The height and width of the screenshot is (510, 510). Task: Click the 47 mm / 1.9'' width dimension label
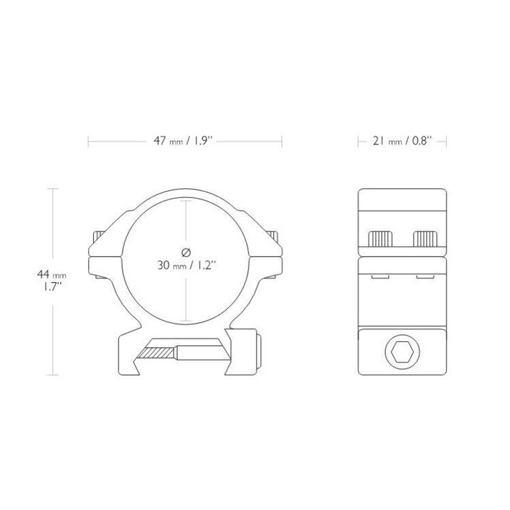tap(185, 141)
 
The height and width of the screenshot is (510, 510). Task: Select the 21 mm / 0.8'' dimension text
tap(403, 141)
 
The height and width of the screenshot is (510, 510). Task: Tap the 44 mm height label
tap(51, 275)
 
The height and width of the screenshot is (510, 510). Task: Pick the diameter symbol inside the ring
tap(186, 251)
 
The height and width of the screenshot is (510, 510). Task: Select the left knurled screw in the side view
tap(379, 238)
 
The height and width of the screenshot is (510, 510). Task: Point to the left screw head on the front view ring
tap(97, 238)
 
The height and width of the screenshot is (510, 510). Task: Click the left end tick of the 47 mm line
tap(89, 141)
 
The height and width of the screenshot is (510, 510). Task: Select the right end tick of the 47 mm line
tap(282, 141)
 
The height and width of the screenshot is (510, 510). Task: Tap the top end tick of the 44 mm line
tap(54, 189)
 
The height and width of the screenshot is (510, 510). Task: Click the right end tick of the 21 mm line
tap(447, 141)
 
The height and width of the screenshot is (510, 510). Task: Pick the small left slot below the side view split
tap(379, 277)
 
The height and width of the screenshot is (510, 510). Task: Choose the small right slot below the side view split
tap(424, 277)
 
